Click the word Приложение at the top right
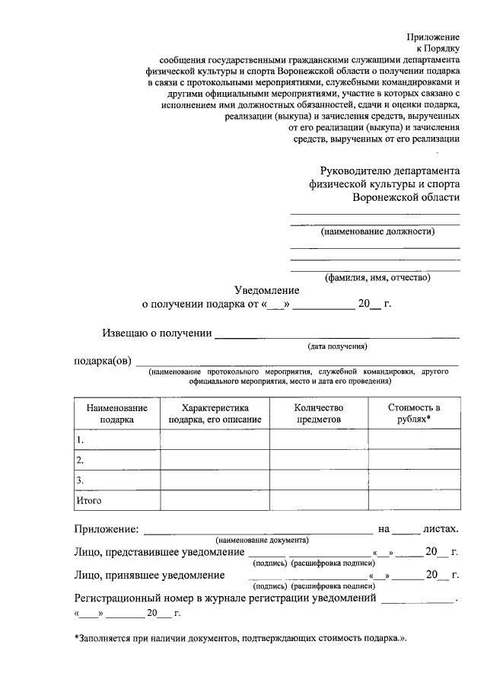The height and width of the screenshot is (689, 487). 434,36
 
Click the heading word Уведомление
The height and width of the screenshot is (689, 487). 266,290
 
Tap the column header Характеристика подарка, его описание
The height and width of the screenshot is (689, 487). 215,413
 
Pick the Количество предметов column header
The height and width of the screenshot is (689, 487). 319,413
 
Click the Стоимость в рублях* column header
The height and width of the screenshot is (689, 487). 414,413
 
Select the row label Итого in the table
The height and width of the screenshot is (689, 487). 88,500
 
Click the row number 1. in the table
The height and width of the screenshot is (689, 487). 79,440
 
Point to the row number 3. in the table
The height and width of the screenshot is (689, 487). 79,480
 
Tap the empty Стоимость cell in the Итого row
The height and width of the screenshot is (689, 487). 414,500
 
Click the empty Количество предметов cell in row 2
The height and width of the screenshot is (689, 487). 319,460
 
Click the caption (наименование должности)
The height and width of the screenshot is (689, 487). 377,231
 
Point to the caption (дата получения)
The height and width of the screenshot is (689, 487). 337,347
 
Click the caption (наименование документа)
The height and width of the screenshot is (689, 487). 261,539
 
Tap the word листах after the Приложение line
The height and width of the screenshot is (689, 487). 441,528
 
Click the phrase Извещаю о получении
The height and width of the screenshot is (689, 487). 157,332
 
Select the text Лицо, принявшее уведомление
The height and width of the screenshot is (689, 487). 149,575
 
